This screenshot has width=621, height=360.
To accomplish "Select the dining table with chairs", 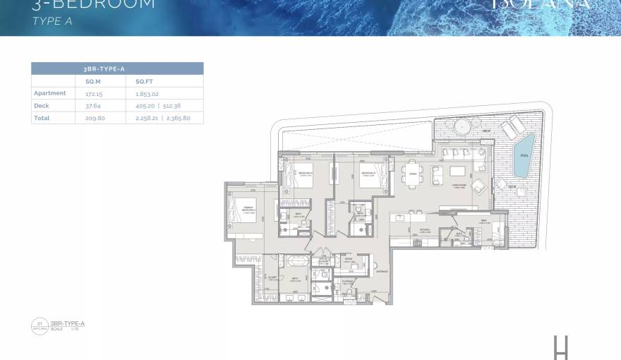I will [x=411, y=174].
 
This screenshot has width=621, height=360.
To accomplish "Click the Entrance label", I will [x=382, y=270].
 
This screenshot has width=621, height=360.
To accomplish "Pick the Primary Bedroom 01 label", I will [x=248, y=210].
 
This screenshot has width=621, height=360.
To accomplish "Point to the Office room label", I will [x=348, y=259].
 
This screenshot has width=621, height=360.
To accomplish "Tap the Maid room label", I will [x=485, y=222].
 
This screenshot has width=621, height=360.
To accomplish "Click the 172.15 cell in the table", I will [x=85, y=93].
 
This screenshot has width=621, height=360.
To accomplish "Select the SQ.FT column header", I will [x=144, y=81].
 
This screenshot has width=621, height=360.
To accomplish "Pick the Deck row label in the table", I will [x=41, y=105].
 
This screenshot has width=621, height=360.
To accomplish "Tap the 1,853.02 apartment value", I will [x=147, y=93].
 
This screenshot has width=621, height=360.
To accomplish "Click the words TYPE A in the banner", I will [x=52, y=21].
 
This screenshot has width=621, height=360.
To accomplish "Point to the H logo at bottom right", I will [x=561, y=347].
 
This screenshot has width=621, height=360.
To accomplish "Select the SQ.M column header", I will [x=84, y=81].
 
